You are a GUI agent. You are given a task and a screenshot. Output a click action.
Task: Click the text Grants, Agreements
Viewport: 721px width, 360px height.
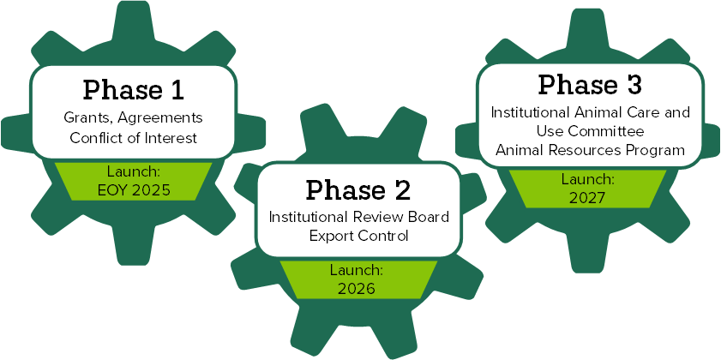(133, 117)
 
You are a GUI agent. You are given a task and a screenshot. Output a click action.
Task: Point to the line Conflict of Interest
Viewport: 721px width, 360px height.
(133, 137)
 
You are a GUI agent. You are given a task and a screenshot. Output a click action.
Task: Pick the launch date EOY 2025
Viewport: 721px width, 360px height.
(133, 189)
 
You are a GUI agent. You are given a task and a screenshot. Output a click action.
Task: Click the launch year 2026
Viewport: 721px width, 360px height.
(356, 289)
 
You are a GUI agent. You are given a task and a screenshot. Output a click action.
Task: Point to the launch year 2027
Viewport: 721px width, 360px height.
(588, 197)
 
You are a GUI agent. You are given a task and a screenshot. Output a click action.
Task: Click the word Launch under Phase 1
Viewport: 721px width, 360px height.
(133, 171)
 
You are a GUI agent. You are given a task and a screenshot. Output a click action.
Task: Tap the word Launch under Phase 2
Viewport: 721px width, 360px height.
(356, 271)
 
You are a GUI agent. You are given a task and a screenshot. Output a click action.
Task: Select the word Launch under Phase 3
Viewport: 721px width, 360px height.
(588, 179)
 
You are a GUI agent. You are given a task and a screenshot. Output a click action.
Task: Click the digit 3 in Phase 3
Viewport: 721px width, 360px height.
(633, 86)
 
